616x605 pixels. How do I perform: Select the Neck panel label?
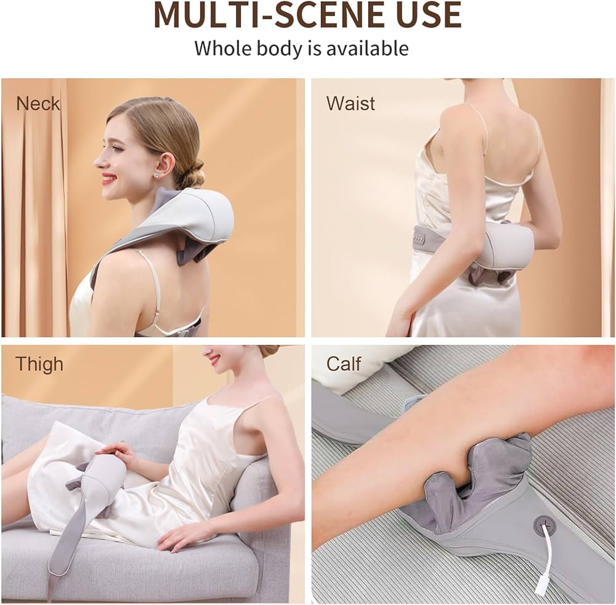click(38, 104)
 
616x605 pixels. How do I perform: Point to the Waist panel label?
click(351, 104)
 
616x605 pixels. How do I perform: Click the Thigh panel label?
click(39, 364)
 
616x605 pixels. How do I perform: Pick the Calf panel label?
click(343, 363)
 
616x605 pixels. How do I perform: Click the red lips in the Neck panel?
click(107, 180)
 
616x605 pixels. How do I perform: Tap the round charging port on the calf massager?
click(543, 522)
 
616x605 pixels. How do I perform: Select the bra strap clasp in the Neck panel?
click(156, 314)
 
